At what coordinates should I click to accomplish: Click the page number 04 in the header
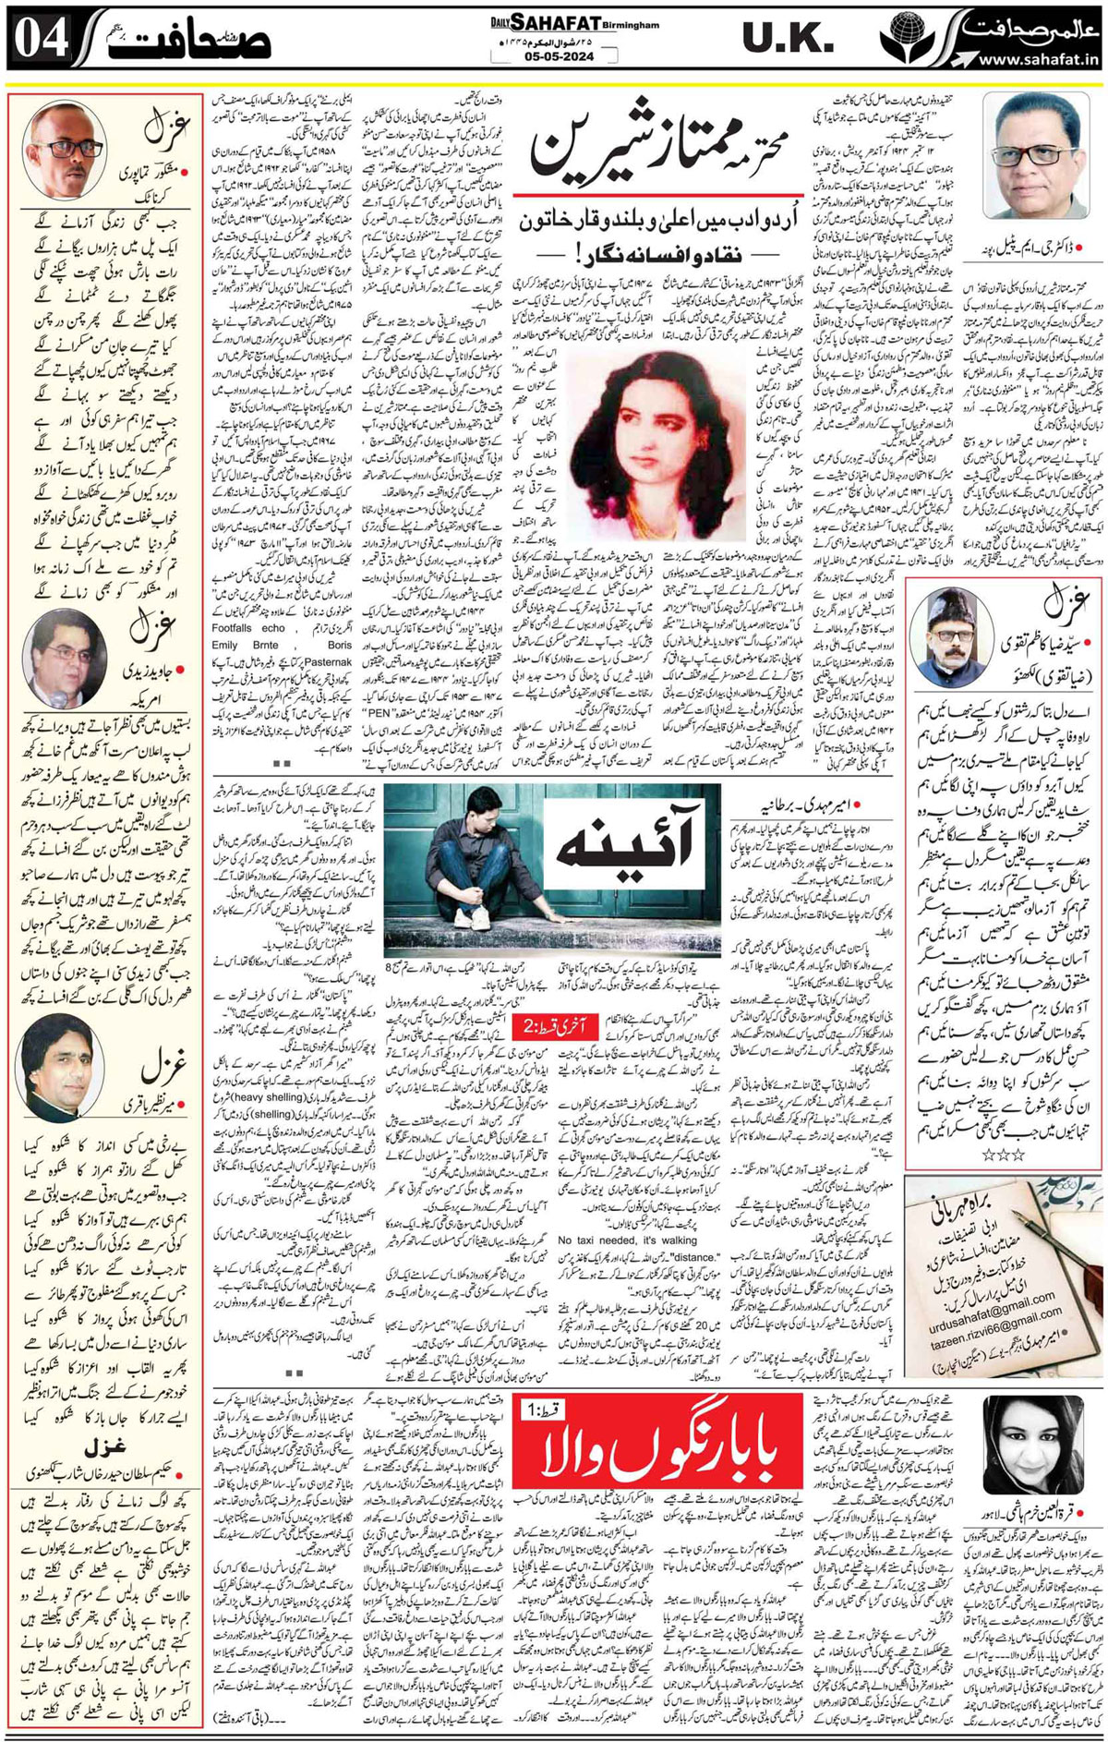pyautogui.click(x=42, y=42)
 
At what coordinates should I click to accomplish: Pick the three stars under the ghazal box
pyautogui.click(x=1004, y=1154)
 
